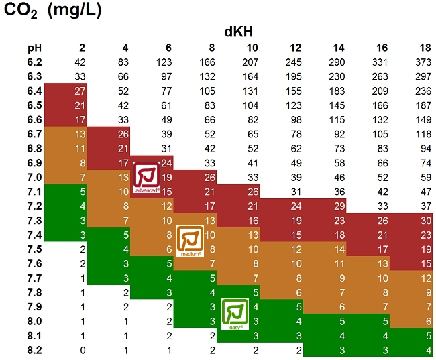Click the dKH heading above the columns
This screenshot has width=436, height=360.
coord(238,32)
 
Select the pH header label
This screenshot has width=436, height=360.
coord(34,48)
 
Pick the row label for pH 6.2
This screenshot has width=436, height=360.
coord(34,62)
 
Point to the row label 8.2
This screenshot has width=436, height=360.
coord(34,350)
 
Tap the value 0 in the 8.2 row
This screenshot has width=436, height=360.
coord(81,350)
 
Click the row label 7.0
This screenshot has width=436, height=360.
coord(34,177)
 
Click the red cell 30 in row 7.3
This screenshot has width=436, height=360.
coord(424,221)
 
